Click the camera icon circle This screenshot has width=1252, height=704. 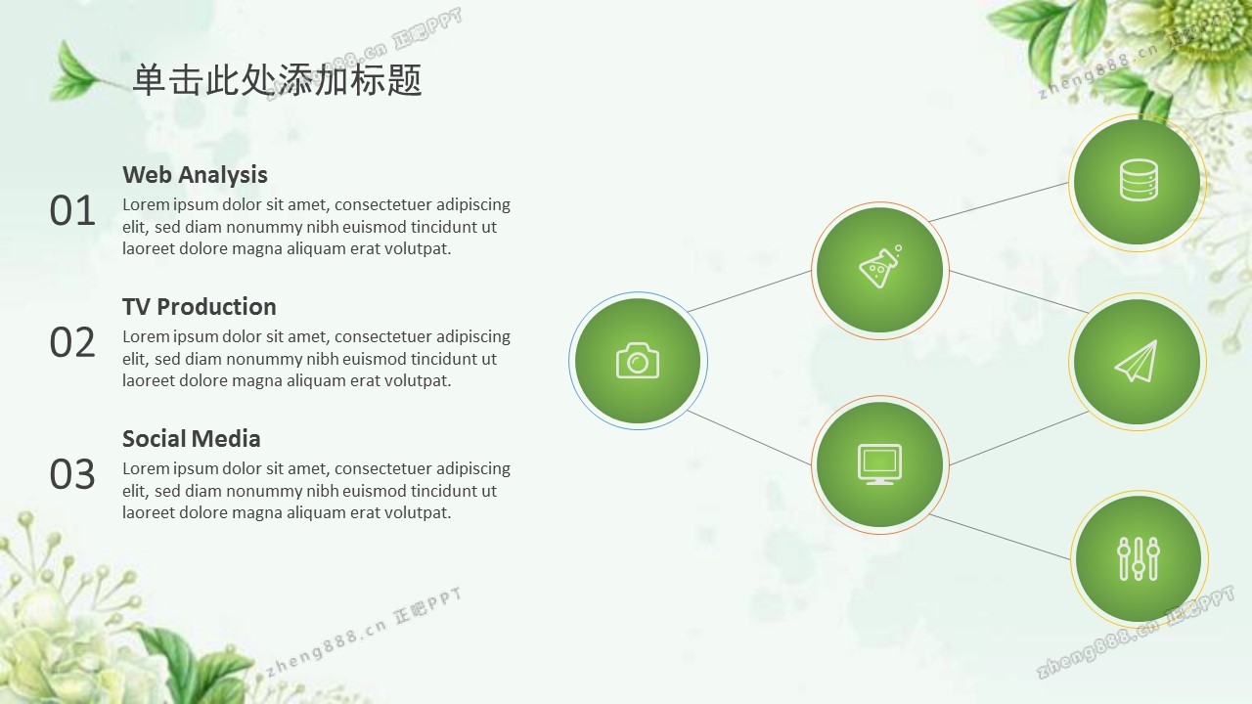pyautogui.click(x=638, y=361)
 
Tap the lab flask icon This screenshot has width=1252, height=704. pyautogui.click(x=880, y=267)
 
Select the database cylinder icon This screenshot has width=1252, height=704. pyautogui.click(x=1139, y=179)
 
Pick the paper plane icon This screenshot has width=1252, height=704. pyautogui.click(x=1137, y=362)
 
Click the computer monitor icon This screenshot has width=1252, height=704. pyautogui.click(x=879, y=463)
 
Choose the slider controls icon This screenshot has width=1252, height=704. pyautogui.click(x=1139, y=558)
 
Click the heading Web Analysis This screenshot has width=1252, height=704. pyautogui.click(x=195, y=175)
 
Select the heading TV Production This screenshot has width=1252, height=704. pyautogui.click(x=200, y=307)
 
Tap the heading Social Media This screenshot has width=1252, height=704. pyautogui.click(x=192, y=439)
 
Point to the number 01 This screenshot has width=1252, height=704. pyautogui.click(x=72, y=210)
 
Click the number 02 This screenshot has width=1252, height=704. pyautogui.click(x=72, y=342)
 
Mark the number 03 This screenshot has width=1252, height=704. pyautogui.click(x=72, y=474)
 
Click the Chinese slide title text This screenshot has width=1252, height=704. pyautogui.click(x=277, y=80)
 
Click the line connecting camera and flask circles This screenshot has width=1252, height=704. pyautogui.click(x=749, y=291)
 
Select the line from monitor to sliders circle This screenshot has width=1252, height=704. pyautogui.click(x=1000, y=537)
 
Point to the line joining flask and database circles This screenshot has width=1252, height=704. pyautogui.click(x=999, y=201)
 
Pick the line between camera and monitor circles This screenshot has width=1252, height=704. pyautogui.click(x=749, y=437)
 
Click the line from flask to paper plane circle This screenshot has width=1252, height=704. pyautogui.click(x=1019, y=291)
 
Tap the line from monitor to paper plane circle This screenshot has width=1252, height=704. pyautogui.click(x=1019, y=438)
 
